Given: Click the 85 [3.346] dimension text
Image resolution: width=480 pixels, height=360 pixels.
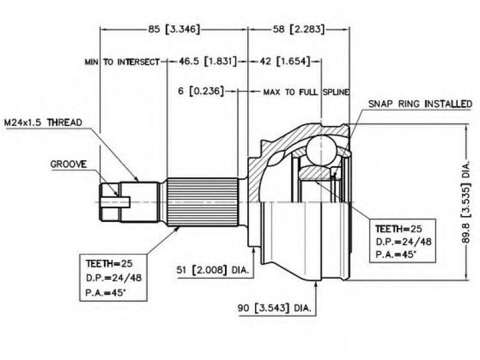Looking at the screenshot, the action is (174, 29).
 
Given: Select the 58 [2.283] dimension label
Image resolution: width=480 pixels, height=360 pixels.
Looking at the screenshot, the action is (298, 29).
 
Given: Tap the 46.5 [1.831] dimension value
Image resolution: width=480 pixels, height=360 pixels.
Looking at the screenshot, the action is (208, 61).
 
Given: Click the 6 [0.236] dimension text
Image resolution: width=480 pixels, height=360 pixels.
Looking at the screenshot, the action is (201, 91).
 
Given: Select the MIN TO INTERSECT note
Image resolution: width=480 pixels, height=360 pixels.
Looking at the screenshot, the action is (122, 62).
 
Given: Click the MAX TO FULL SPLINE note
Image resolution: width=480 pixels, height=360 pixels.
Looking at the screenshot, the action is (306, 92).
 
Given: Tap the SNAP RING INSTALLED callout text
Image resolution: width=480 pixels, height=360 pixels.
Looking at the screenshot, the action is (420, 104).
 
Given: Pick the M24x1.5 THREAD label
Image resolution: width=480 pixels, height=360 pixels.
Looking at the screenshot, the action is (43, 123).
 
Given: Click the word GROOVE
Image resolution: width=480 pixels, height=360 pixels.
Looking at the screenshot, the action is (68, 164).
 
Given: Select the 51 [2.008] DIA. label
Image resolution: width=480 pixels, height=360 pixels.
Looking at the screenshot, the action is (213, 270).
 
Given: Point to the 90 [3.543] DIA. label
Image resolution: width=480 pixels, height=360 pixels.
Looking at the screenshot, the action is (274, 308).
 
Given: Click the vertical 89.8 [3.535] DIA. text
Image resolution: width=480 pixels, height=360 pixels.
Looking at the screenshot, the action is (466, 202).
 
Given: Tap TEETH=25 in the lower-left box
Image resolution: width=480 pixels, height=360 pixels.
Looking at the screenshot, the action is (109, 263).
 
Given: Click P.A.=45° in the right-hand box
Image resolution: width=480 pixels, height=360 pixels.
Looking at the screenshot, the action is (396, 254).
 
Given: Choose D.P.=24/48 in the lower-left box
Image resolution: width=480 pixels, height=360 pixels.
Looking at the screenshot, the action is (113, 278).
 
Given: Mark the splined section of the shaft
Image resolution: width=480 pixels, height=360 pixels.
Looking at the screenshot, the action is (202, 202).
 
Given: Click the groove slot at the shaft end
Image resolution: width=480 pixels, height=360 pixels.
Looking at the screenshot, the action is (116, 202).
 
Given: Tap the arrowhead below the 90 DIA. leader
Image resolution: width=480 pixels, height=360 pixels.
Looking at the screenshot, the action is (316, 284).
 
